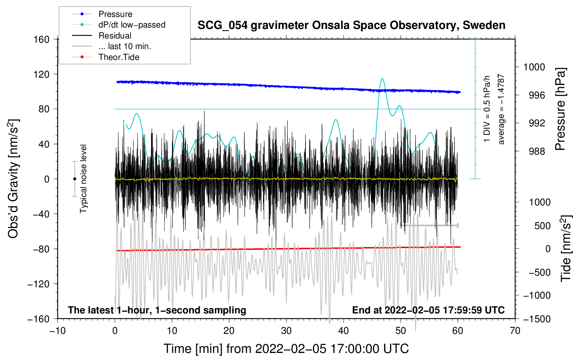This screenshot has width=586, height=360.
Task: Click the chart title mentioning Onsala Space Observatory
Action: (351, 25)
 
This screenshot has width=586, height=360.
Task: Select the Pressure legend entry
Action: (115, 14)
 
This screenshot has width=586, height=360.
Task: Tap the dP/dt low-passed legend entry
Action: (132, 25)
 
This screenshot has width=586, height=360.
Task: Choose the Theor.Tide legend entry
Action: (119, 57)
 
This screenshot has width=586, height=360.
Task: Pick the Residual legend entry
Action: (115, 36)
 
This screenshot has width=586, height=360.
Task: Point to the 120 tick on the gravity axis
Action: (42, 74)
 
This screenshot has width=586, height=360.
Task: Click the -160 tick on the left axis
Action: (39, 319)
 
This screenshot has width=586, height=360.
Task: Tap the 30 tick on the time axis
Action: (286, 331)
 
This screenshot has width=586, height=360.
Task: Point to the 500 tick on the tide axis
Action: (542, 226)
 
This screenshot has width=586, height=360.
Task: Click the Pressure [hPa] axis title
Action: (561, 109)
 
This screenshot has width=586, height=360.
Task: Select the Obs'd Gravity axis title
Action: (13, 179)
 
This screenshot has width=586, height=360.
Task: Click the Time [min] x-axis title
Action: (286, 349)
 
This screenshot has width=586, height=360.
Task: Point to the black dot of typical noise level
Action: (74, 179)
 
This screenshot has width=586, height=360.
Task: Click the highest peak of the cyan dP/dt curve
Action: (382, 79)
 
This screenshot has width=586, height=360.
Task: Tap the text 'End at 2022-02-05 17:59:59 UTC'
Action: (428, 310)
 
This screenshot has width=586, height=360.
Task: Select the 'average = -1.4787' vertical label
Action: (501, 109)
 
